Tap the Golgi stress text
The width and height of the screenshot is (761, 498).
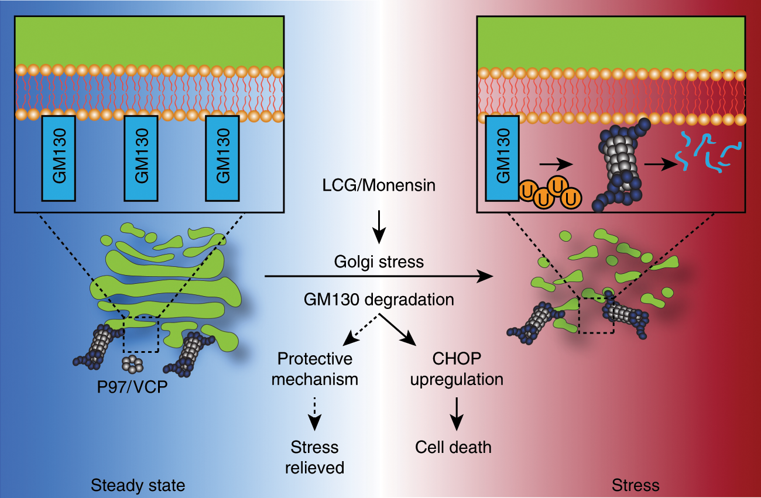[379, 262]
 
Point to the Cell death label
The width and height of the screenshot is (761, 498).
[454, 448]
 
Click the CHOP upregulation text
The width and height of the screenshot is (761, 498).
[457, 368]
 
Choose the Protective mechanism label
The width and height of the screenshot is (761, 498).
[317, 368]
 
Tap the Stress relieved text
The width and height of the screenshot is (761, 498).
[315, 457]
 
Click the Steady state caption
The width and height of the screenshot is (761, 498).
[138, 485]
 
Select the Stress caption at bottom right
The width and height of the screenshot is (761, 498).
[635, 485]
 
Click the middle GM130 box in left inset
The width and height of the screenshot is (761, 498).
[141, 157]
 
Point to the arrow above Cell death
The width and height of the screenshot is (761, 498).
[457, 411]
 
